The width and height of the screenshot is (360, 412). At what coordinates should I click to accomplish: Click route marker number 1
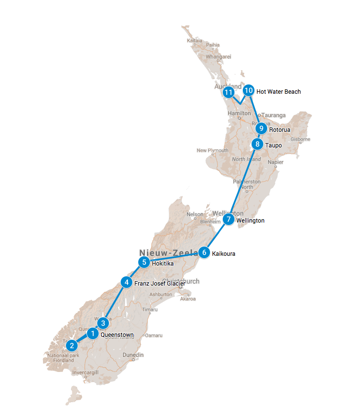coord(92,334)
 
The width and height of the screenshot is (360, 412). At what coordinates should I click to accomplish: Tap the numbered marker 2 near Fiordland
coord(72,346)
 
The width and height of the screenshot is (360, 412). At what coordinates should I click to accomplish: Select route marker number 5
coord(144,262)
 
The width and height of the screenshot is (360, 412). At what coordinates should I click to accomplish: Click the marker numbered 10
coord(249,90)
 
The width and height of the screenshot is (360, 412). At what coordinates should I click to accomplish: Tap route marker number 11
coord(228,92)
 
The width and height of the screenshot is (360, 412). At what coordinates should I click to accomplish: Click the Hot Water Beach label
coord(278,92)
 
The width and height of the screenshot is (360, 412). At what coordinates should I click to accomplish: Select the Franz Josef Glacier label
coord(159,284)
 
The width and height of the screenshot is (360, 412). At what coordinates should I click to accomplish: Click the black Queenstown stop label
coord(117,335)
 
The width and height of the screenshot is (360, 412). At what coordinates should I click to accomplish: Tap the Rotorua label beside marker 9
coord(279,130)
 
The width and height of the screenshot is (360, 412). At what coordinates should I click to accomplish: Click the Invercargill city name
coord(85,372)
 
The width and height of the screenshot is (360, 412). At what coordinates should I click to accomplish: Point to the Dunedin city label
coord(133,355)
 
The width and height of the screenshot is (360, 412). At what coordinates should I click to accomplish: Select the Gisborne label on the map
coord(300,139)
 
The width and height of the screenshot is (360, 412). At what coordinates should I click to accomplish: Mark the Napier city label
coord(275,162)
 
